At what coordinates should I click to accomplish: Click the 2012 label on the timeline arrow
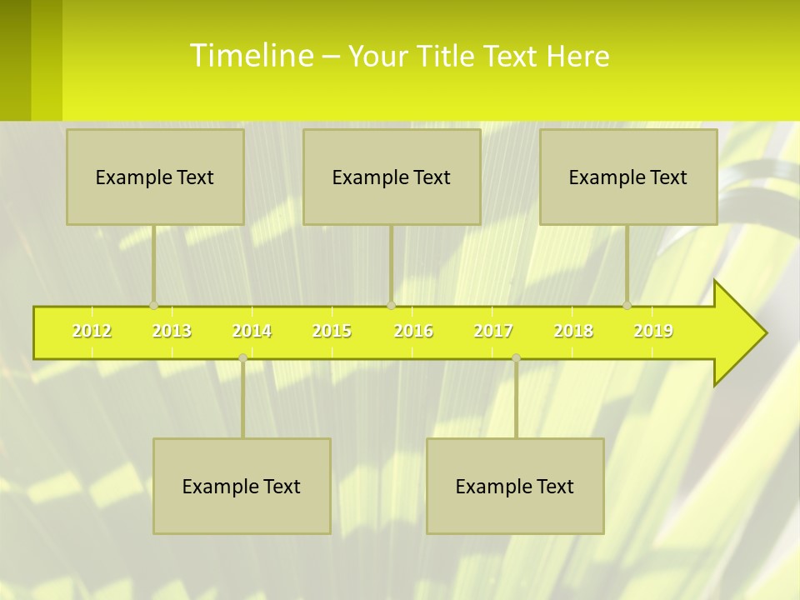pyautogui.click(x=92, y=332)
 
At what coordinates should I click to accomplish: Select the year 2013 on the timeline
pyautogui.click(x=172, y=332)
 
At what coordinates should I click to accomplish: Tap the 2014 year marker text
pyautogui.click(x=252, y=332)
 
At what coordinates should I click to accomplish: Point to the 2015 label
pyautogui.click(x=332, y=332)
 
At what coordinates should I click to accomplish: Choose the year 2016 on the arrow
pyautogui.click(x=413, y=332)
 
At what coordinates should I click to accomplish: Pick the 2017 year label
pyautogui.click(x=493, y=332)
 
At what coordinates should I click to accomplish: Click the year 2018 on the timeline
pyautogui.click(x=573, y=332)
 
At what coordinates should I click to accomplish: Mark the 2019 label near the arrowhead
pyautogui.click(x=653, y=332)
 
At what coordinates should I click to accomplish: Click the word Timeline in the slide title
pyautogui.click(x=251, y=56)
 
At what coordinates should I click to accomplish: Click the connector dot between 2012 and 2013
pyautogui.click(x=153, y=305)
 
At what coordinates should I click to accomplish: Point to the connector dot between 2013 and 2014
pyautogui.click(x=242, y=357)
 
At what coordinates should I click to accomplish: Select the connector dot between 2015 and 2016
pyautogui.click(x=391, y=305)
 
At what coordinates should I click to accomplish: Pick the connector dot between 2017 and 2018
pyautogui.click(x=516, y=357)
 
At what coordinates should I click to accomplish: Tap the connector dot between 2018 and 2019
pyautogui.click(x=627, y=305)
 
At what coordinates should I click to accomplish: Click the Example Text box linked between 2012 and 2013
pyautogui.click(x=155, y=177)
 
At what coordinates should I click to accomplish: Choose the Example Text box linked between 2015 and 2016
pyautogui.click(x=392, y=177)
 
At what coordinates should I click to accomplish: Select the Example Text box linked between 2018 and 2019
pyautogui.click(x=628, y=177)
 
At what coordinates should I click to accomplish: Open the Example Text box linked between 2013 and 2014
pyautogui.click(x=242, y=486)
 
